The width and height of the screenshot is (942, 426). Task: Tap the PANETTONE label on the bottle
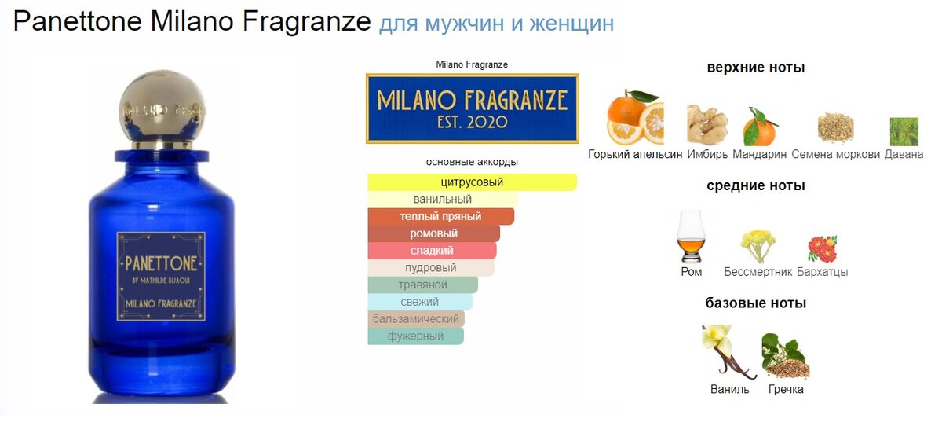pyautogui.click(x=161, y=276)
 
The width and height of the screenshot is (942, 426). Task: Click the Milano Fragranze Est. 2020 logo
pyautogui.click(x=473, y=108)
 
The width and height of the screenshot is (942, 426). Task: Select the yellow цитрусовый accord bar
pyautogui.click(x=473, y=182)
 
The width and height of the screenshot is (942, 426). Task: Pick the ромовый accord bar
pyautogui.click(x=433, y=233)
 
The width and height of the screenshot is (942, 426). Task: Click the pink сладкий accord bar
pyautogui.click(x=432, y=251)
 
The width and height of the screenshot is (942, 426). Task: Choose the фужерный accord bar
pyautogui.click(x=415, y=336)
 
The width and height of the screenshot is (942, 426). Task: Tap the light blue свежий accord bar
pyautogui.click(x=420, y=302)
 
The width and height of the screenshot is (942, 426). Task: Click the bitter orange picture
pyautogui.click(x=635, y=117)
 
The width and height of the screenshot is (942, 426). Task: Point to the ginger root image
pyautogui.click(x=707, y=125)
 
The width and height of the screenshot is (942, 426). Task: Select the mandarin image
pyautogui.click(x=760, y=127)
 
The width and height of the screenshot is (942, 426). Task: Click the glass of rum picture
pyautogui.click(x=691, y=237)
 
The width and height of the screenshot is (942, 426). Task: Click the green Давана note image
pyautogui.click(x=904, y=132)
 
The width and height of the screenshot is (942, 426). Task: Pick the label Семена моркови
pyautogui.click(x=835, y=154)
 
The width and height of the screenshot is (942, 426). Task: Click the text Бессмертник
pyautogui.click(x=758, y=271)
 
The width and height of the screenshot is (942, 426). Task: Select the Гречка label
pyautogui.click(x=786, y=389)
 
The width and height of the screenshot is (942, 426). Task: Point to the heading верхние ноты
pyautogui.click(x=756, y=68)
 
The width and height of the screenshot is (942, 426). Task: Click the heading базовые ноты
pyautogui.click(x=756, y=303)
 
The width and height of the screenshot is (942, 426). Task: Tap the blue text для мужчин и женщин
pyautogui.click(x=496, y=23)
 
